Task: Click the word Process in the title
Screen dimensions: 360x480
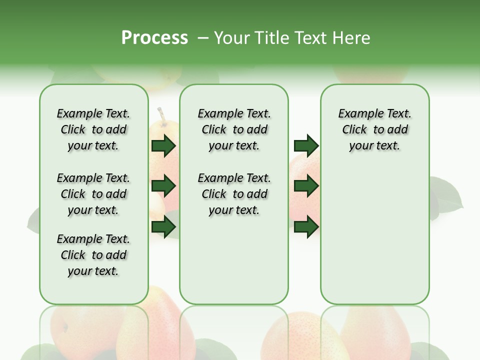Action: (x=154, y=38)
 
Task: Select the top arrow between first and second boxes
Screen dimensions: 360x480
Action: (x=163, y=145)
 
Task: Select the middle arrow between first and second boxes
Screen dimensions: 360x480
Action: (x=163, y=186)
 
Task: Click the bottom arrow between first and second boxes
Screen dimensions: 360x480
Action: (x=163, y=227)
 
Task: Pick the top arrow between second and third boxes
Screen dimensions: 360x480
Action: (x=306, y=145)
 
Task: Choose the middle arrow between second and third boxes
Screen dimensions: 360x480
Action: (x=306, y=186)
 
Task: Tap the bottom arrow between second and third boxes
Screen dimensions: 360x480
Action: (x=306, y=227)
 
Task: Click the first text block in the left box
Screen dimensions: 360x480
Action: (x=93, y=129)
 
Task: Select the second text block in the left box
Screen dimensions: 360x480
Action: (x=93, y=194)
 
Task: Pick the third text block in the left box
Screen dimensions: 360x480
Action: (x=93, y=255)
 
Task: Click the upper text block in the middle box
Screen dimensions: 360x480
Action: (x=234, y=129)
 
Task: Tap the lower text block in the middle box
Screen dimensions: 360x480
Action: (x=234, y=194)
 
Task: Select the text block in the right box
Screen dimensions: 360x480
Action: (x=374, y=129)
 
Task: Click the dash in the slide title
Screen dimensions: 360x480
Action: (x=203, y=38)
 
